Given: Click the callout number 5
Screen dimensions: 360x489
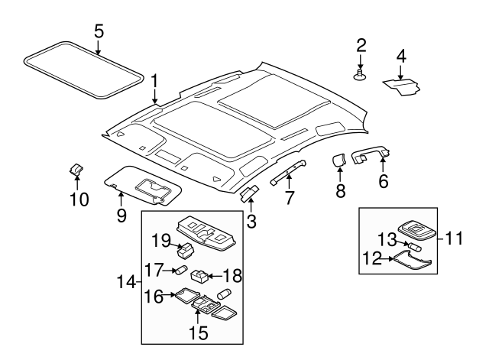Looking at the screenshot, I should click(99, 31).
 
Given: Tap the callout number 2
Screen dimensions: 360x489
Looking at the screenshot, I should click(361, 45).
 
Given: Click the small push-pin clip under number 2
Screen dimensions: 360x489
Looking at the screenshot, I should click(360, 76).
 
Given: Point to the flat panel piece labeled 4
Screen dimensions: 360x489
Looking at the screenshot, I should click(403, 84).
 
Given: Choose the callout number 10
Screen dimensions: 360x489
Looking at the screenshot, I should click(79, 200).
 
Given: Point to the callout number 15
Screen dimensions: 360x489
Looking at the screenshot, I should click(198, 332).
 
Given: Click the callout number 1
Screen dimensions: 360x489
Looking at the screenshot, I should click(154, 80).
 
